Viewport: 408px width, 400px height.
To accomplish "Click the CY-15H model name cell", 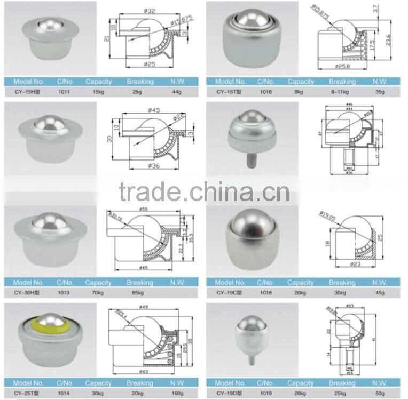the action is coord(27,92).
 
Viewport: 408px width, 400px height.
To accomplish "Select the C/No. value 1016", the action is coord(265,92).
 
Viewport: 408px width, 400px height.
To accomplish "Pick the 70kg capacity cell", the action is coord(98,293).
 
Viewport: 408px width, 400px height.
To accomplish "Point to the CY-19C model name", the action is coord(230,292).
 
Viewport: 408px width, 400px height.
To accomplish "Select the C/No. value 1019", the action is coord(265,393).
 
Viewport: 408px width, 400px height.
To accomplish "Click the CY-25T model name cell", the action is coord(27,393).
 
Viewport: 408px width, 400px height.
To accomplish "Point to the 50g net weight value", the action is coord(380,393).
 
